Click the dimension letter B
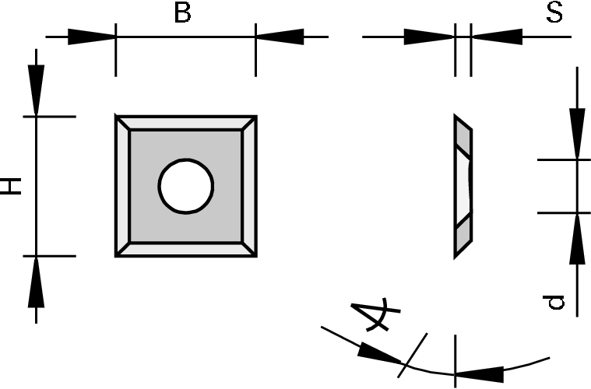(181, 13)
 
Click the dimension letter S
(554, 13)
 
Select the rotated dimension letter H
(12, 185)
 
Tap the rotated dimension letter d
(554, 302)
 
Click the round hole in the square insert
(185, 186)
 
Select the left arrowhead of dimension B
(91, 37)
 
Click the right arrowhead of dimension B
(278, 37)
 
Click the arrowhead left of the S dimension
(428, 37)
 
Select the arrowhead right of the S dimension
(496, 37)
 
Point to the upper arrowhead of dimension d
(577, 134)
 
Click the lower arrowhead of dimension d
(577, 238)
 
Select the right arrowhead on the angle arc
(483, 373)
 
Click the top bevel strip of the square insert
(185, 124)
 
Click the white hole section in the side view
(465, 187)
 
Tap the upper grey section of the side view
(463, 139)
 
